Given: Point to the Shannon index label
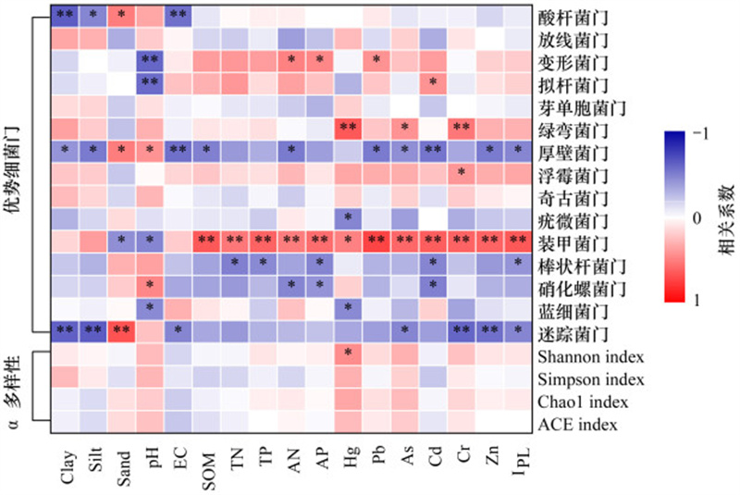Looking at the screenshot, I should [589, 356].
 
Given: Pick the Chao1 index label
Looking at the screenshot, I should [582, 402].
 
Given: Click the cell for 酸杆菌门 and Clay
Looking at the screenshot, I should [65, 16].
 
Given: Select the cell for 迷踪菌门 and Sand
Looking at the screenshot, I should [121, 330].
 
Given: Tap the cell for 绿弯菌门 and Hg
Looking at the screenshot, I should [350, 128].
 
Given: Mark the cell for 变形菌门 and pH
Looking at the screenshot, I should [150, 60].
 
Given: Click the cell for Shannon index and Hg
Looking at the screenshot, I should [350, 353].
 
